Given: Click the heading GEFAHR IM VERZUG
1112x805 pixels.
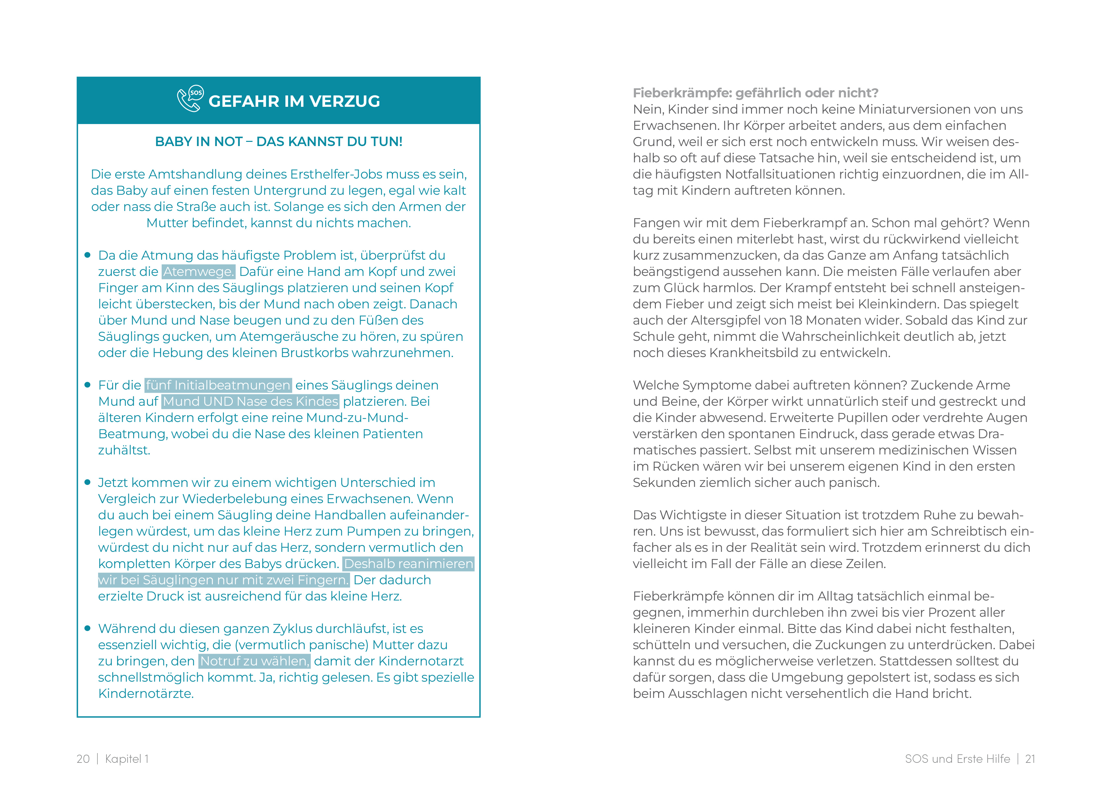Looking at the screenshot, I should pyautogui.click(x=294, y=101).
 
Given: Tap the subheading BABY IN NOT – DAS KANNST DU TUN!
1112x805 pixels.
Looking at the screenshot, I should pyautogui.click(x=279, y=142).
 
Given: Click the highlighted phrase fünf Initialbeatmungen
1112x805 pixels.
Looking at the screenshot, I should pyautogui.click(x=218, y=385).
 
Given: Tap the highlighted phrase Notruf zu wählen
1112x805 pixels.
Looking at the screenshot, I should pyautogui.click(x=255, y=661).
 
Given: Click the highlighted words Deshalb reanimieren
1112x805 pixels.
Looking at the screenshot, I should pyautogui.click(x=408, y=564).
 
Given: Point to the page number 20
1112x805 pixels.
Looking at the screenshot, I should pyautogui.click(x=83, y=759).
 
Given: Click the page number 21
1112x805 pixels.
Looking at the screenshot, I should pyautogui.click(x=1030, y=759).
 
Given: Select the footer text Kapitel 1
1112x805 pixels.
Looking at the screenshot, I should pyautogui.click(x=127, y=759).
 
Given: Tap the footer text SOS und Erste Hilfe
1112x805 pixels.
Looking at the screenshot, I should pyautogui.click(x=957, y=759).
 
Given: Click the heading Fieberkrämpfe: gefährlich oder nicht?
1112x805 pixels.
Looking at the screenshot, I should pyautogui.click(x=756, y=93).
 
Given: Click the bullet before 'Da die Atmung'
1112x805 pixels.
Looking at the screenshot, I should pyautogui.click(x=88, y=255).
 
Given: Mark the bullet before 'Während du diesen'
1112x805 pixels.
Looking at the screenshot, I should pyautogui.click(x=88, y=628).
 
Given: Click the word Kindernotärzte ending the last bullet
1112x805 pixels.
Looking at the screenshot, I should pyautogui.click(x=146, y=694).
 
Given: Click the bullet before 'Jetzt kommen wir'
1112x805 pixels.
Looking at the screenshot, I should pyautogui.click(x=88, y=482).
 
